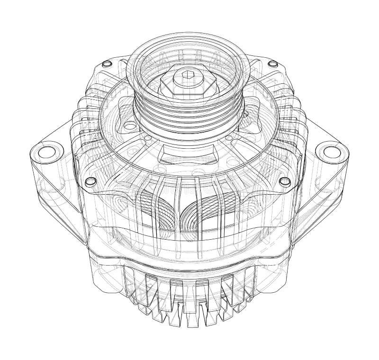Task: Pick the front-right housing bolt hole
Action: (x=284, y=182)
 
